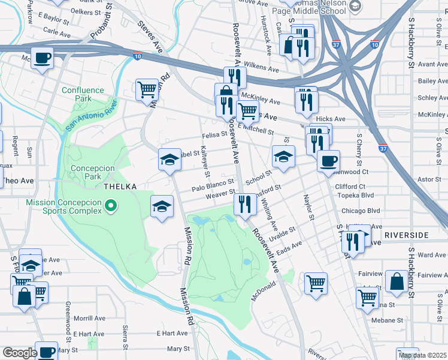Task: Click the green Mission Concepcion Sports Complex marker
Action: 110,207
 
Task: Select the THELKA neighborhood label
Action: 121,187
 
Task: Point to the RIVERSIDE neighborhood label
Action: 407,235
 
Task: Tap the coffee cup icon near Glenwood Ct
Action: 328,161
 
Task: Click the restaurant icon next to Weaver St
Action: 244,203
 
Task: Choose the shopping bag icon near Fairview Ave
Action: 396,281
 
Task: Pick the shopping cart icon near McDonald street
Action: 316,283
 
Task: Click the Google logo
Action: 20,353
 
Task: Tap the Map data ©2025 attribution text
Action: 423,355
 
